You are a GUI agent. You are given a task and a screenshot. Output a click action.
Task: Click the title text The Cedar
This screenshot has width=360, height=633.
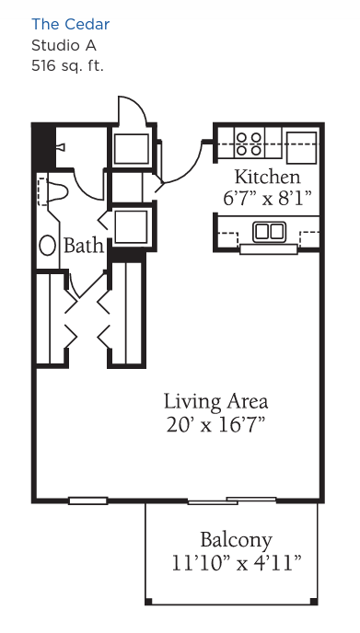(x=70, y=24)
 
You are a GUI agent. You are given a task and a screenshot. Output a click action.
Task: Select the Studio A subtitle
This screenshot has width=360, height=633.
(x=64, y=46)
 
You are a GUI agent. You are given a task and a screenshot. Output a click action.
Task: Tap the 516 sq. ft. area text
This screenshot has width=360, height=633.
(x=67, y=66)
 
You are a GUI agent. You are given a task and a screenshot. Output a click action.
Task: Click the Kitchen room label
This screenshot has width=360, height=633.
(x=268, y=177)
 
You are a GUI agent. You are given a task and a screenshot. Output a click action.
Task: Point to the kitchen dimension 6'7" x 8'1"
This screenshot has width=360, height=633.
(x=268, y=198)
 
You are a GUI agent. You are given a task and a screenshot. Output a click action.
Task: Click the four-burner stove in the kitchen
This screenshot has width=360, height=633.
(x=249, y=144)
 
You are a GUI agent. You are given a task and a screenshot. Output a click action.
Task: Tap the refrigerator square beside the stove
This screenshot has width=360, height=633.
(x=301, y=147)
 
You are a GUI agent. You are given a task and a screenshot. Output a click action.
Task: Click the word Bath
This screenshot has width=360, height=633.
(x=84, y=246)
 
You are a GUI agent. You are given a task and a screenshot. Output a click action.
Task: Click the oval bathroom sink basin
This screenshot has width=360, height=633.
(x=48, y=246)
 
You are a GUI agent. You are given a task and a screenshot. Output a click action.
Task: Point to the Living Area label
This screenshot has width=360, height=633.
(x=215, y=402)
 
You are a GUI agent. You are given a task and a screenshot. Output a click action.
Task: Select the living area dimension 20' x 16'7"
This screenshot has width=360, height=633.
(x=215, y=424)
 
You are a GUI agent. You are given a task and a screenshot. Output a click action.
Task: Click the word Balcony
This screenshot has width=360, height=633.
(x=237, y=540)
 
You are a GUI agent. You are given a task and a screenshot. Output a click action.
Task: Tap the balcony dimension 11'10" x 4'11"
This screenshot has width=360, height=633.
(x=237, y=563)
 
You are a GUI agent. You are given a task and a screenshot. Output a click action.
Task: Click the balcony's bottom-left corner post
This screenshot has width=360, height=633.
(x=148, y=602)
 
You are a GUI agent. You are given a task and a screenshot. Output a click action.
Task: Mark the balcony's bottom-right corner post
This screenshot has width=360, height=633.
(x=314, y=602)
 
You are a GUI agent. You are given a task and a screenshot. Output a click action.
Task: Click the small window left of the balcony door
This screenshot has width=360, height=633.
(x=87, y=501)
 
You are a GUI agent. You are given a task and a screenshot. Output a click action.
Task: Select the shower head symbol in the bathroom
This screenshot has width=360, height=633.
(x=61, y=147)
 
